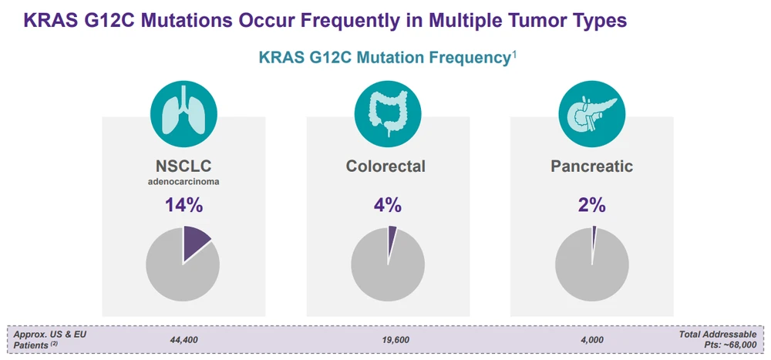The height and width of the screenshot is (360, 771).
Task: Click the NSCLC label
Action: pos(183,166)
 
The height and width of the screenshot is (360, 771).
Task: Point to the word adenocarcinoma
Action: pos(183,183)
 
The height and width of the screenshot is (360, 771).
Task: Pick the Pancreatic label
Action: pos(591,166)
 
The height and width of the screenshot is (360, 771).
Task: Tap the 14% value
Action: pos(183,206)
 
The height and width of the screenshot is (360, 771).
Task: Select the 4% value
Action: pos(387,206)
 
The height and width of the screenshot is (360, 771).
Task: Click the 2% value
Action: pos(591,206)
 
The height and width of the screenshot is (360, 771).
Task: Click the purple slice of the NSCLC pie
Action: pos(195,241)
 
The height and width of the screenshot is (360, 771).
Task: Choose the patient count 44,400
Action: pos(182,339)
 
